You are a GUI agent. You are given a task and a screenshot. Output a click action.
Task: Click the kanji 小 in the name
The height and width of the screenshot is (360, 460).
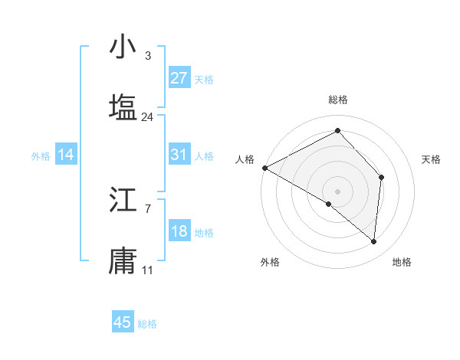123,47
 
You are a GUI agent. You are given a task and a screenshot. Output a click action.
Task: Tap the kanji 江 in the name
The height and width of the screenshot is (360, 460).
123,201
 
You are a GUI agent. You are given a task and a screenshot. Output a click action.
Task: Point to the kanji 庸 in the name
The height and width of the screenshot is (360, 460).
123,260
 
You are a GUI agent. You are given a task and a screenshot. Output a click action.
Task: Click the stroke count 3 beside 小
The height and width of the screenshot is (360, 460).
147,56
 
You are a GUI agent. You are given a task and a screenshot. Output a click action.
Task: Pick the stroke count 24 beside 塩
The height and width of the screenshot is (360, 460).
147,117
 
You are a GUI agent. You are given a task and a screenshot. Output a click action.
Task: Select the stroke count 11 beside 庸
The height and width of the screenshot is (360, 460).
147,270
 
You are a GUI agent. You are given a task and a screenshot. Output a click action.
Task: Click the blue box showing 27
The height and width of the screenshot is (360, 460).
179,78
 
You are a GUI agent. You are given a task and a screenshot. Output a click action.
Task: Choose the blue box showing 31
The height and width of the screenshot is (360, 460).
179,155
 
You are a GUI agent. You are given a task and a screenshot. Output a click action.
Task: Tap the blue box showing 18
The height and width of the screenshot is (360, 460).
179,231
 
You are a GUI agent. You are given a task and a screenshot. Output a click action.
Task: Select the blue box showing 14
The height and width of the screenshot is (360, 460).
66,155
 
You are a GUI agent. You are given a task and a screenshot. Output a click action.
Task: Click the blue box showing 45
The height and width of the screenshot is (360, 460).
123,322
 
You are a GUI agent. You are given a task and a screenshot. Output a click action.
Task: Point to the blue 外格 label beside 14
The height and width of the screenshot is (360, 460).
41,156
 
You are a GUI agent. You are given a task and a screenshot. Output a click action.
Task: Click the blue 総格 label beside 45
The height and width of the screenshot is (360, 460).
147,324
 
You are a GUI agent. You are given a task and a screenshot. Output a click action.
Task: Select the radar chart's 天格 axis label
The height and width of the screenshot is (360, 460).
431,159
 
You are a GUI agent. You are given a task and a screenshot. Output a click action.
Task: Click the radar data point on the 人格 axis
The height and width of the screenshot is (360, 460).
264,168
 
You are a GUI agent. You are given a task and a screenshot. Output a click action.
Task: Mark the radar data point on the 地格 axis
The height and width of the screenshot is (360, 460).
373,241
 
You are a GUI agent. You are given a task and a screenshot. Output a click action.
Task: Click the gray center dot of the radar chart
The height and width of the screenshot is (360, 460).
337,191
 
